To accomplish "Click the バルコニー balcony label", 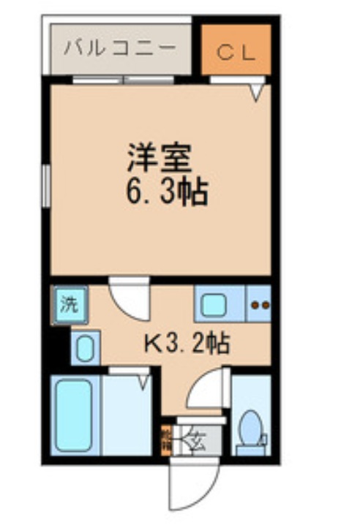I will click(120, 49).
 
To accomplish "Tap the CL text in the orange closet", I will click(235, 52).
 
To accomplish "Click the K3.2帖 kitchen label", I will click(185, 341).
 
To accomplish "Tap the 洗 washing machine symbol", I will click(69, 303).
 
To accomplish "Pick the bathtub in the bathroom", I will click(75, 414).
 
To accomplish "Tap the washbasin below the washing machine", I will click(85, 347).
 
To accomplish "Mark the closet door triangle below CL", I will click(257, 91).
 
